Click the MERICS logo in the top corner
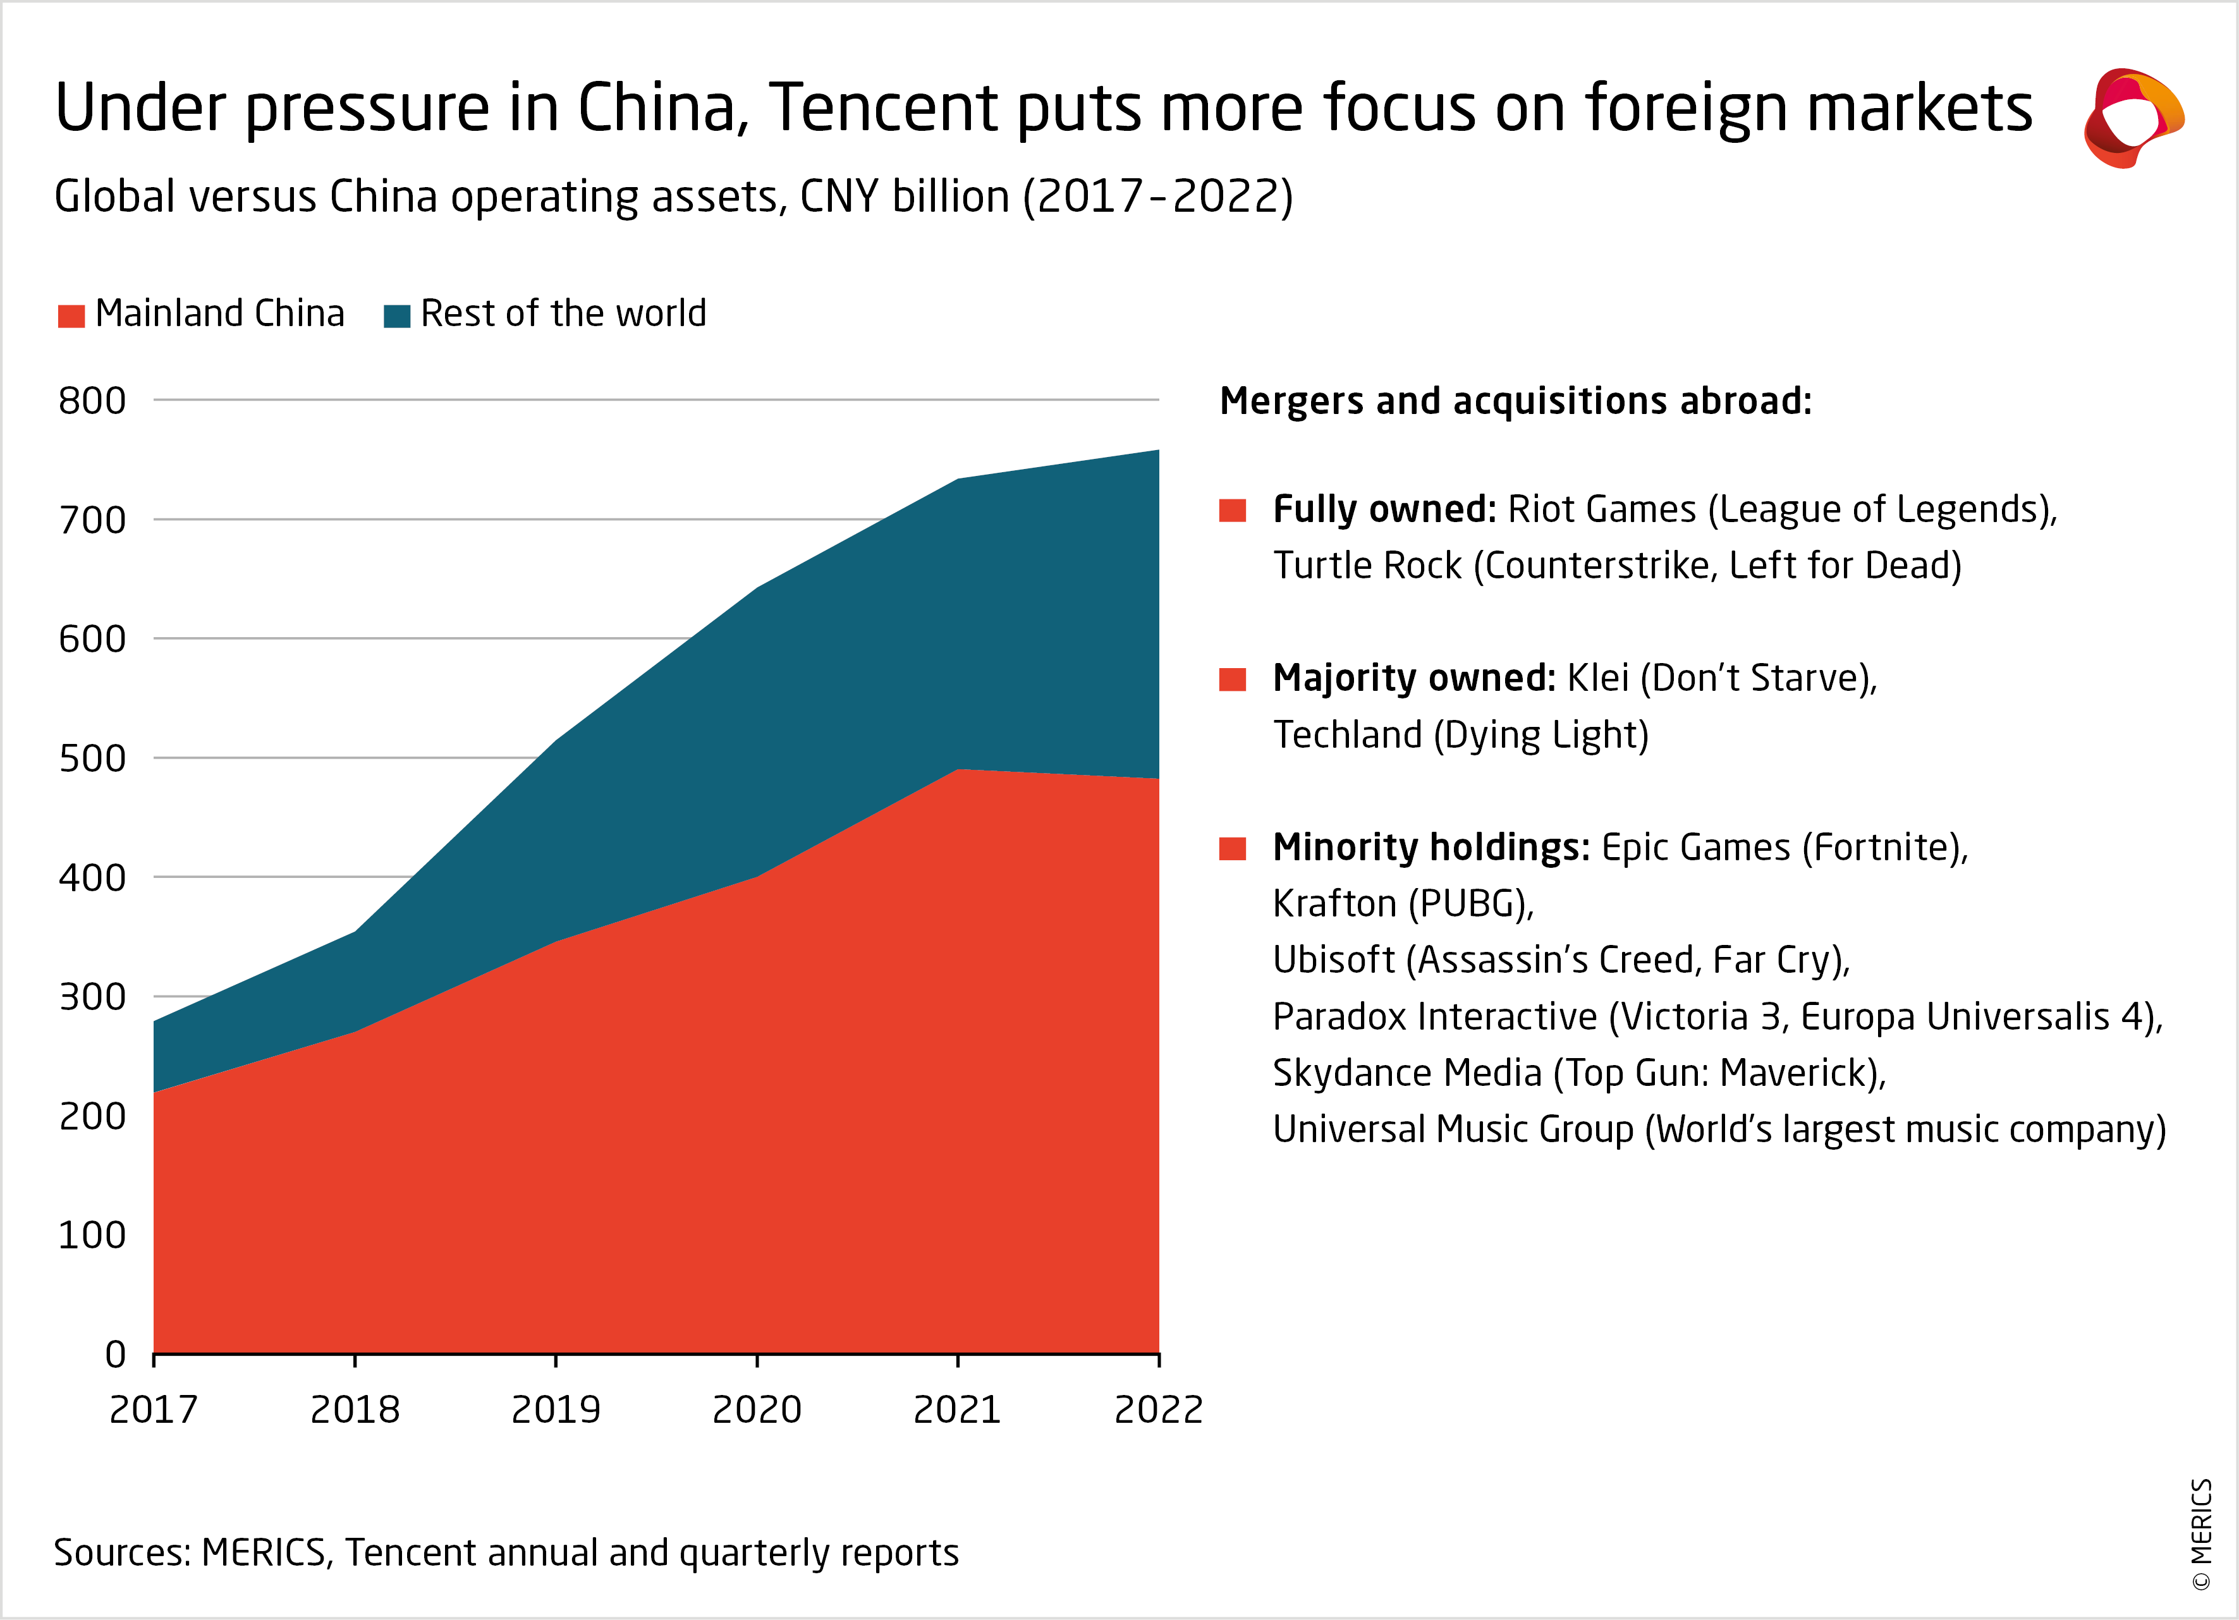pyautogui.click(x=2132, y=118)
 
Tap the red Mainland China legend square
pyautogui.click(x=71, y=316)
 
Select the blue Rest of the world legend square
pyautogui.click(x=397, y=316)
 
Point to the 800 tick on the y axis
pyautogui.click(x=92, y=401)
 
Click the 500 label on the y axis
pyautogui.click(x=92, y=758)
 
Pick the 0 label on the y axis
pyautogui.click(x=116, y=1355)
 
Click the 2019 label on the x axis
pyautogui.click(x=556, y=1410)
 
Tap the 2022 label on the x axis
pyautogui.click(x=1158, y=1410)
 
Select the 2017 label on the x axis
pyautogui.click(x=154, y=1410)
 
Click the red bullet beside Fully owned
pyautogui.click(x=1232, y=510)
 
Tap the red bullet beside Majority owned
pyautogui.click(x=1232, y=679)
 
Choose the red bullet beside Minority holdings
pyautogui.click(x=1232, y=849)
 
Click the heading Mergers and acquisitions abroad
pyautogui.click(x=1515, y=401)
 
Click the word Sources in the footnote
pyautogui.click(x=121, y=1553)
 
